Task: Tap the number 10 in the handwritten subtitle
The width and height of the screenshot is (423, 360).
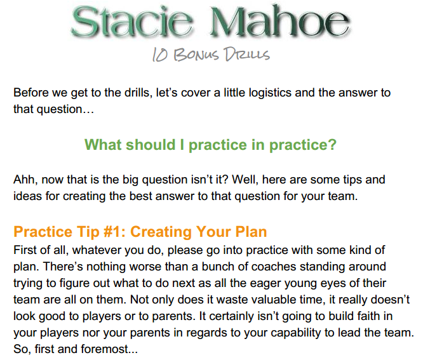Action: point(159,55)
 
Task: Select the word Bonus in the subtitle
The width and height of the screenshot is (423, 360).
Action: point(196,55)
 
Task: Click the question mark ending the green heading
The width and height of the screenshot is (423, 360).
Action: point(332,145)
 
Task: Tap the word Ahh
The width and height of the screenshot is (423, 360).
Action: point(24,180)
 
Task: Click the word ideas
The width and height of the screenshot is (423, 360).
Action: point(27,196)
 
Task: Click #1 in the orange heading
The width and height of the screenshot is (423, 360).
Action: point(113,232)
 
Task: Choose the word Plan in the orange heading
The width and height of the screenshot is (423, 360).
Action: point(251,232)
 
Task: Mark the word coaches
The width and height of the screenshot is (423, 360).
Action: point(274,267)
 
